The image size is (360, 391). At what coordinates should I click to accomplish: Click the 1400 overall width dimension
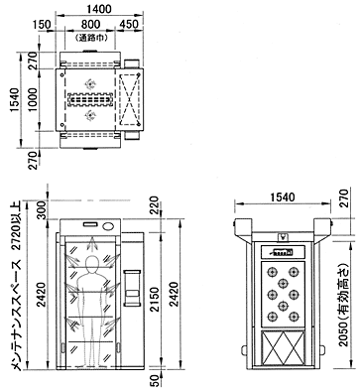click(99, 9)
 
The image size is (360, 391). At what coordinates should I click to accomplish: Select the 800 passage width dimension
click(90, 24)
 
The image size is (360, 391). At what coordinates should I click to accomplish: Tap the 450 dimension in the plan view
click(129, 24)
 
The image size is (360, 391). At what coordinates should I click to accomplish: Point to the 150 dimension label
click(43, 25)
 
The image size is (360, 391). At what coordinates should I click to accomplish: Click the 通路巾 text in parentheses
click(91, 38)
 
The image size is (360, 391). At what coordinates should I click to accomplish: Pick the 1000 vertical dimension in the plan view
click(33, 99)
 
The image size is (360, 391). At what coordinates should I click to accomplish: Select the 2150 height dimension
click(154, 300)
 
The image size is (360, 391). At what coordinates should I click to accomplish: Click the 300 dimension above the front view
click(43, 209)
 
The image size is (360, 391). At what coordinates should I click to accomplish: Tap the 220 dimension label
click(154, 205)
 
